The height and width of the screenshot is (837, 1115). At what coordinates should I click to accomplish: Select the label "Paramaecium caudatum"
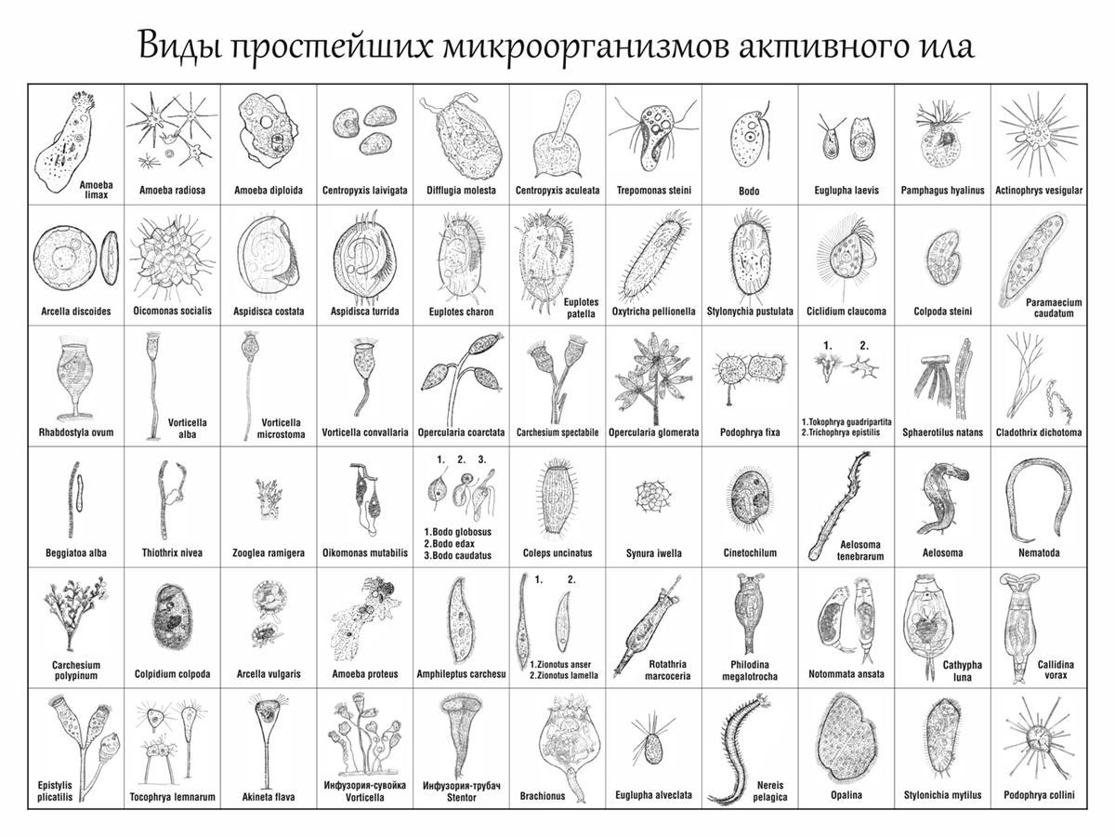1054,308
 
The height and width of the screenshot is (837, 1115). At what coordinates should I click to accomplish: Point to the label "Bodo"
749,191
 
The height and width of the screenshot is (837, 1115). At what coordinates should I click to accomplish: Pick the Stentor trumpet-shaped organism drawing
461,737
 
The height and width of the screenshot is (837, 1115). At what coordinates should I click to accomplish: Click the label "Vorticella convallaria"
365,432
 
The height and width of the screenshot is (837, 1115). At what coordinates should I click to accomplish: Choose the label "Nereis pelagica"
770,791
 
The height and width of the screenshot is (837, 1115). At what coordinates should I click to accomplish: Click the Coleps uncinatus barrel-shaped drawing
557,498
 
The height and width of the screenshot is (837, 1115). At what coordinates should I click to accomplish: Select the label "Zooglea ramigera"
269,553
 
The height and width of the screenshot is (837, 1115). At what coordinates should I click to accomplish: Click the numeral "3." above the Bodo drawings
482,459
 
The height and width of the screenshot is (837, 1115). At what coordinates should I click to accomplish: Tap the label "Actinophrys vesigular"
1039,191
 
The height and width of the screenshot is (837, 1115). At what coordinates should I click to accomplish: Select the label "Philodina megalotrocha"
750,671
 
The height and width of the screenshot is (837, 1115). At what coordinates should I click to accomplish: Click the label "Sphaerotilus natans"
942,432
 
